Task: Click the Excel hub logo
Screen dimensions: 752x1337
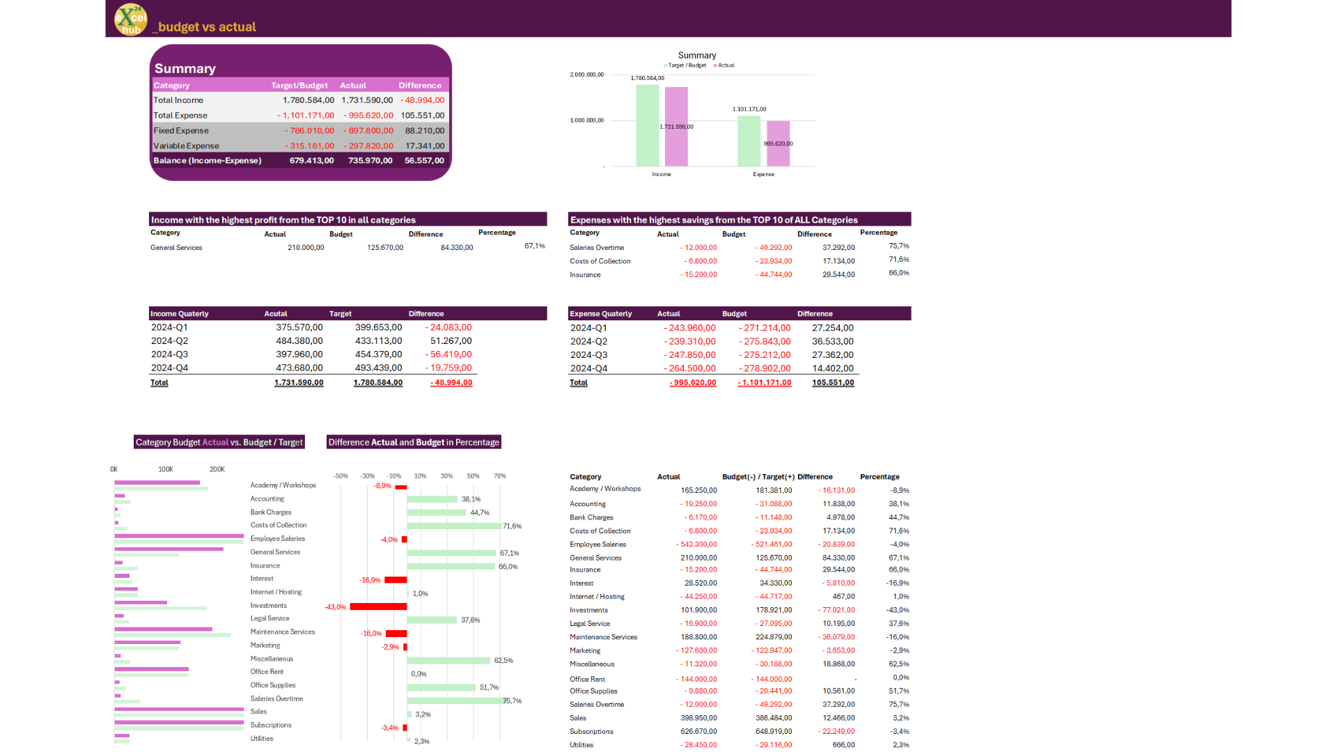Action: tap(131, 19)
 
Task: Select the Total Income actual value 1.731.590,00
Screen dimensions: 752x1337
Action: tap(367, 100)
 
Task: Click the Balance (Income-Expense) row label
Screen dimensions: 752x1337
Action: tap(208, 161)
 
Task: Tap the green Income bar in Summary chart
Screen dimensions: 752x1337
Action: tap(647, 125)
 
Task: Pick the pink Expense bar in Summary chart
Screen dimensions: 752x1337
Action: tap(778, 143)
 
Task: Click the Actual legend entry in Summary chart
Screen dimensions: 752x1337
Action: tap(724, 65)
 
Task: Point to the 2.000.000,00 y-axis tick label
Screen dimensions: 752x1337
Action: tap(586, 75)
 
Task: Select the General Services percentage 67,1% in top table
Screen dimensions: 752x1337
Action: tap(534, 246)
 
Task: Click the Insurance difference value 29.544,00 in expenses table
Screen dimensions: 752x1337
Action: tap(838, 275)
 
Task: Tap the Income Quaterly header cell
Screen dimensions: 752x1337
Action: tap(180, 314)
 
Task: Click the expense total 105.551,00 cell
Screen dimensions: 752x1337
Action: tap(832, 383)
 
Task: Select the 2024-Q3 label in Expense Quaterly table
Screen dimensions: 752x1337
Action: tap(588, 355)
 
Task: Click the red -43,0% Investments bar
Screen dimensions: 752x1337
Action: tap(378, 607)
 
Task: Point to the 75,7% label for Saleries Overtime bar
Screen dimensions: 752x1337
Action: tap(512, 701)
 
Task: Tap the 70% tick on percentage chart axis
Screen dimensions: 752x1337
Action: tap(499, 476)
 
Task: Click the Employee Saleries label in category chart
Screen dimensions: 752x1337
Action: tap(277, 539)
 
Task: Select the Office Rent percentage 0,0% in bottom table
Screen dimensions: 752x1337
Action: tap(900, 677)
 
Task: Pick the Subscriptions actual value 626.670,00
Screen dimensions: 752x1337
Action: tap(698, 732)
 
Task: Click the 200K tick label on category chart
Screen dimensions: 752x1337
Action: tap(217, 469)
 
